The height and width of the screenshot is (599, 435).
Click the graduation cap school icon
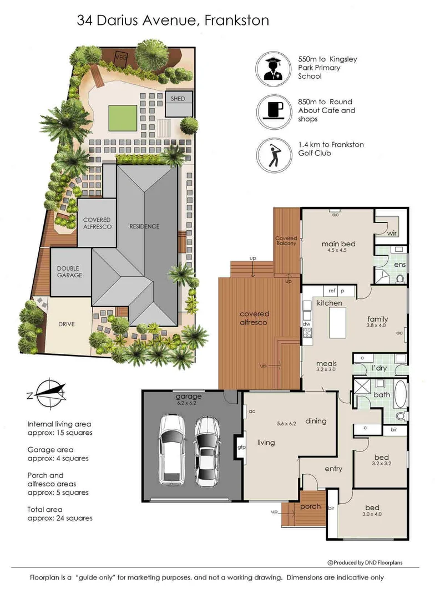(x=274, y=69)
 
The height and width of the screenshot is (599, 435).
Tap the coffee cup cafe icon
(x=274, y=112)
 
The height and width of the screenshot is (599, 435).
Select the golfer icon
(x=274, y=155)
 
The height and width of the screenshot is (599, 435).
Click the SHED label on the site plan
(x=178, y=99)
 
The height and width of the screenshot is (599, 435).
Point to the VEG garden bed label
(x=121, y=57)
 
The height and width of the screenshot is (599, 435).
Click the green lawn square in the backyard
(x=123, y=117)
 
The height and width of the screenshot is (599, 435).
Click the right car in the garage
(x=207, y=451)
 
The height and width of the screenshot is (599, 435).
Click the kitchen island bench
(x=337, y=322)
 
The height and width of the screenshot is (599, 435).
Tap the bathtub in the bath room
(x=400, y=393)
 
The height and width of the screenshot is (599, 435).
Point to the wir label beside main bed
(x=392, y=233)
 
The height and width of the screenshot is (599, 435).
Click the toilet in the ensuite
(x=400, y=279)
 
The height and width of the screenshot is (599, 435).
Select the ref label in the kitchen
(x=332, y=291)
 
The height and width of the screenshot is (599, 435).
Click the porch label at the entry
(x=310, y=506)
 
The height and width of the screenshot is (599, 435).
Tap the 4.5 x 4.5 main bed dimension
(x=337, y=251)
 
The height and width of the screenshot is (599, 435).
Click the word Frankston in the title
(x=237, y=21)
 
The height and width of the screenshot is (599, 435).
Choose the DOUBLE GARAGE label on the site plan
(x=69, y=272)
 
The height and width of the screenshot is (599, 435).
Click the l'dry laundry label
(x=379, y=368)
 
